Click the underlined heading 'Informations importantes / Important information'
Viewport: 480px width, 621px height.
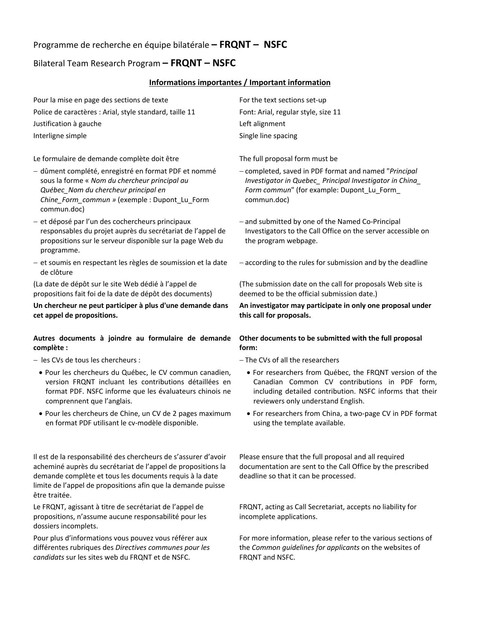(239, 82)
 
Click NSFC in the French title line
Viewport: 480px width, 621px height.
(275, 45)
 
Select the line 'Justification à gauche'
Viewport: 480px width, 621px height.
(67, 124)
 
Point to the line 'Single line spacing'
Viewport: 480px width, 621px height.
(268, 136)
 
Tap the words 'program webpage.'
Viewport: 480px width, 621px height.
(281, 241)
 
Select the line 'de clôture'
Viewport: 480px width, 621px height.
(56, 272)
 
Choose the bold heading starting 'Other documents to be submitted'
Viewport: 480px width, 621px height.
(331, 338)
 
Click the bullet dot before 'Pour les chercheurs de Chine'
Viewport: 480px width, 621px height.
(41, 414)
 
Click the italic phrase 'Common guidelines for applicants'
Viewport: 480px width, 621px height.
(305, 548)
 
